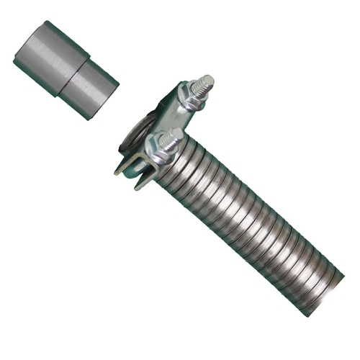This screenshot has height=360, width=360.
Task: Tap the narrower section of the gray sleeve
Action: click(x=94, y=86)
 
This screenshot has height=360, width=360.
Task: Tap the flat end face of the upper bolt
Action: click(x=207, y=79)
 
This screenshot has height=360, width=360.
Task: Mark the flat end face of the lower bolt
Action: click(x=177, y=135)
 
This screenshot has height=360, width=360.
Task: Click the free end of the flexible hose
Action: click(x=328, y=284)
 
